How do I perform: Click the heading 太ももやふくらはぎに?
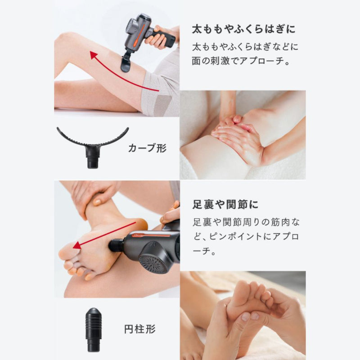click(243, 29)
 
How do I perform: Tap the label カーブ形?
click(147, 148)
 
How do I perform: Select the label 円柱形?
click(139, 329)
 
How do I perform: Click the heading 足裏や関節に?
click(225, 205)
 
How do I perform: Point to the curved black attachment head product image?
click(93, 147)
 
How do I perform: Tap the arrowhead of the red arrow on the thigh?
click(94, 56)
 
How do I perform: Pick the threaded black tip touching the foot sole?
click(117, 245)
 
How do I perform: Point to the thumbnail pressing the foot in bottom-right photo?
click(246, 317)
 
